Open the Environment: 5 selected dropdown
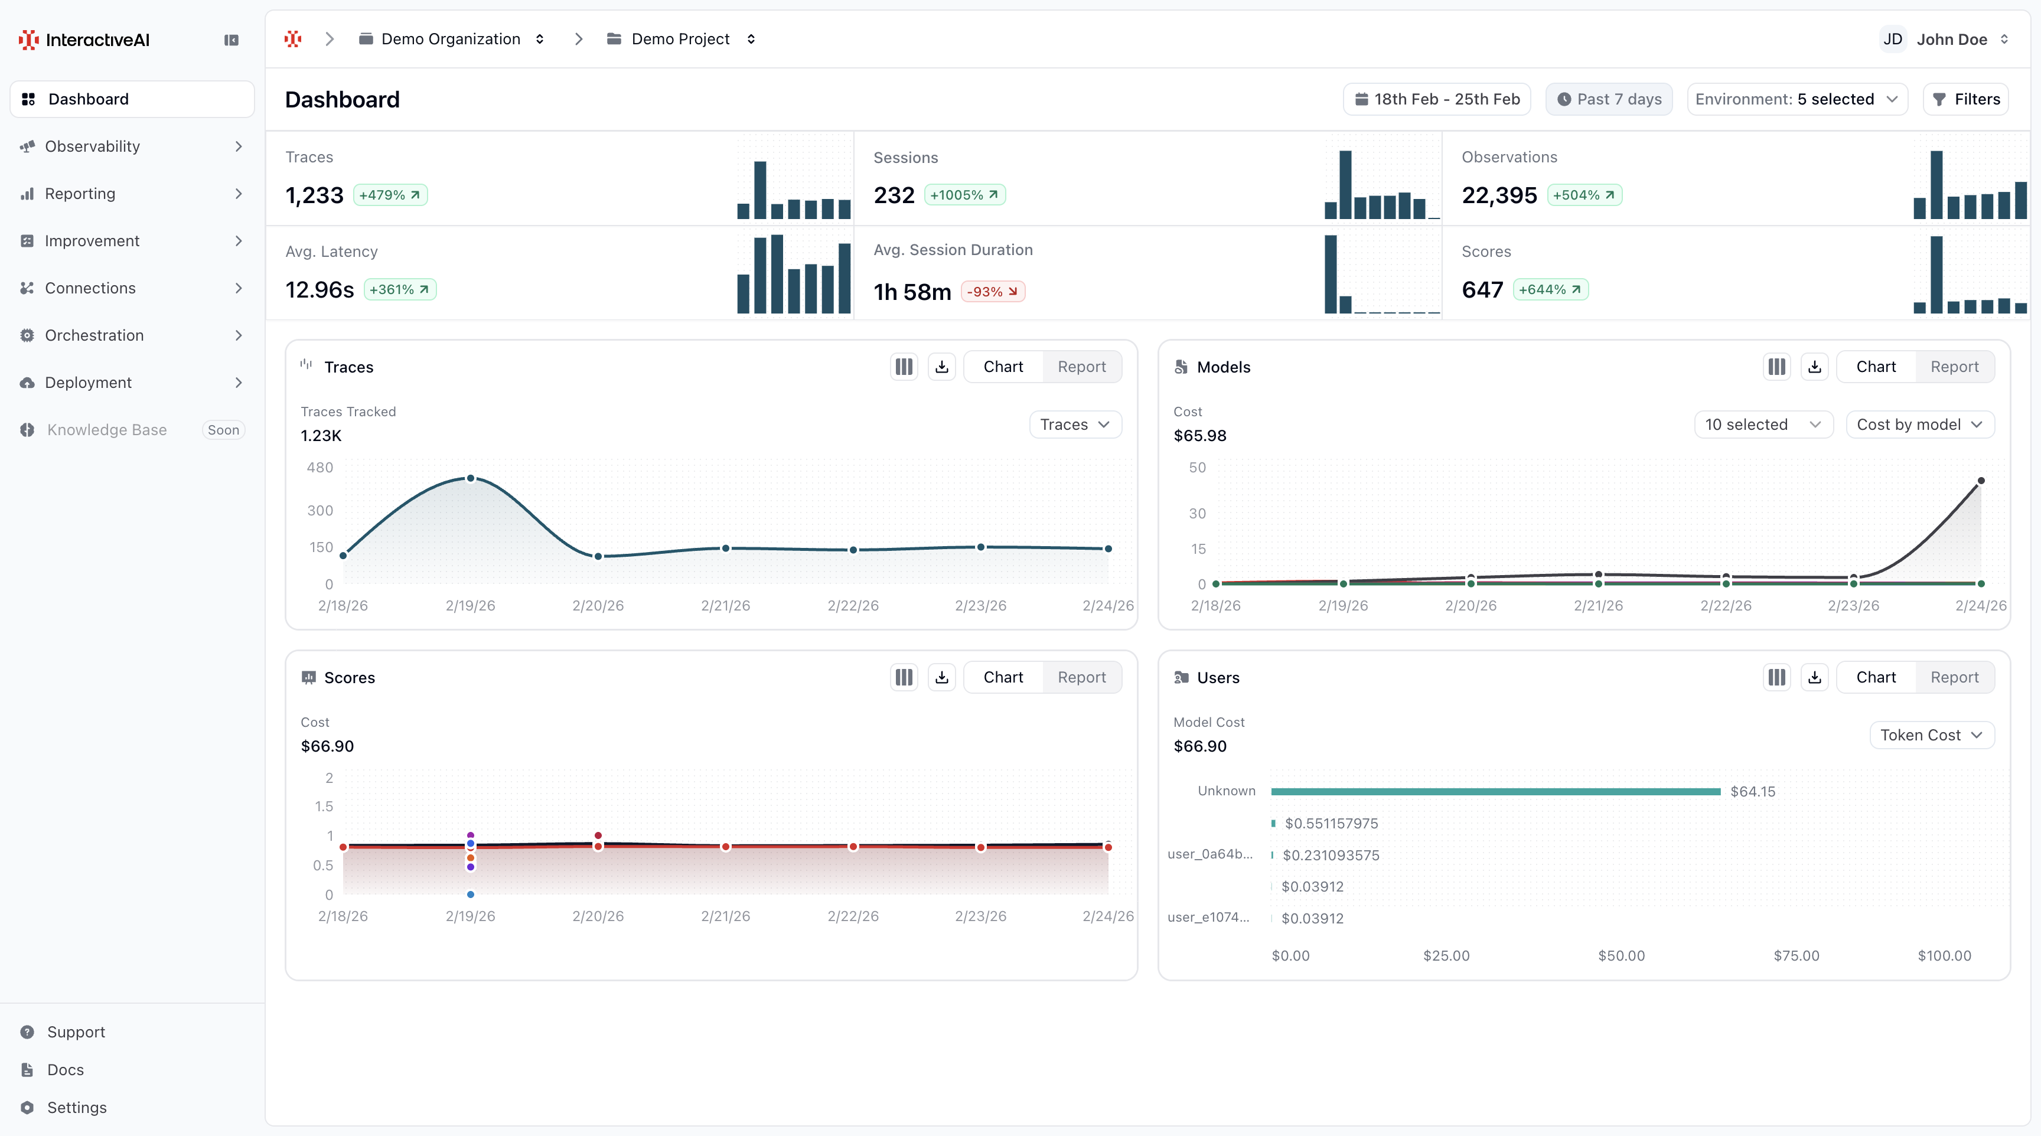pyautogui.click(x=1796, y=99)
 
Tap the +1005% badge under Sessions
pyautogui.click(x=964, y=195)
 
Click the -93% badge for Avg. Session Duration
pyautogui.click(x=992, y=292)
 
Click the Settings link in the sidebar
pyautogui.click(x=76, y=1108)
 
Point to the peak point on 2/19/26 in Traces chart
pyautogui.click(x=471, y=478)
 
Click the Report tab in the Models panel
pyautogui.click(x=1954, y=367)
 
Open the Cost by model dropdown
pyautogui.click(x=1919, y=425)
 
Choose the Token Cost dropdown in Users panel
pyautogui.click(x=1931, y=735)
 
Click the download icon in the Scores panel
pyautogui.click(x=941, y=677)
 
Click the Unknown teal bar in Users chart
pyautogui.click(x=1495, y=791)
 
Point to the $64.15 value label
pyautogui.click(x=1753, y=791)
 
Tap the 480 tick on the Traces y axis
pyautogui.click(x=320, y=468)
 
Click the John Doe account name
pyautogui.click(x=1951, y=39)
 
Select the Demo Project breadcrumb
pyautogui.click(x=680, y=39)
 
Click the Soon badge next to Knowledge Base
pyautogui.click(x=223, y=430)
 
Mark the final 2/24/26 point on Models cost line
pyautogui.click(x=1981, y=481)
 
